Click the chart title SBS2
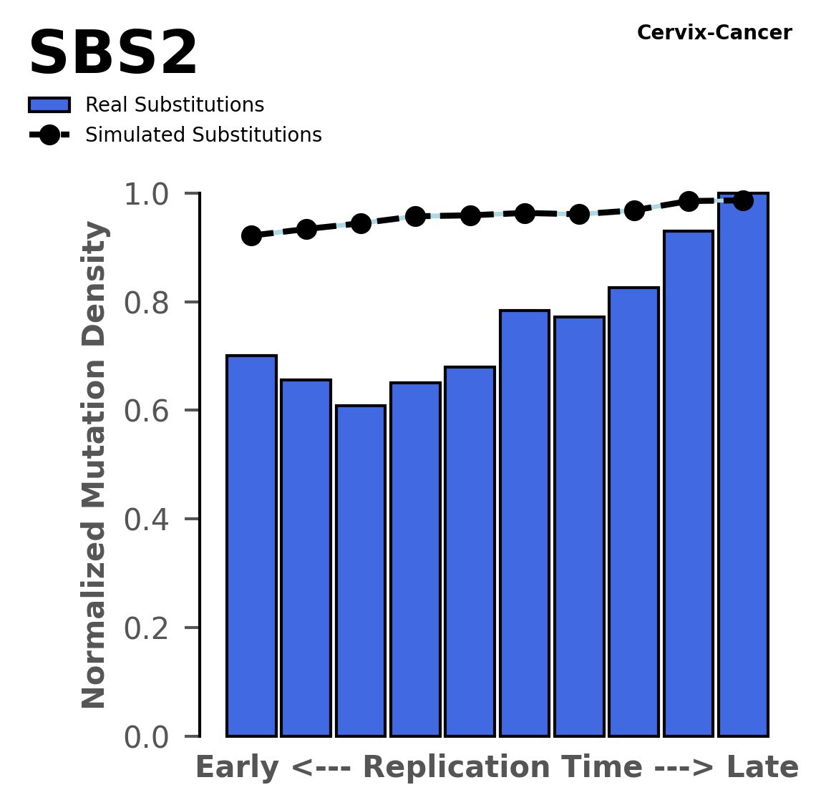[x=113, y=54]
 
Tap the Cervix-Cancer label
[x=714, y=33]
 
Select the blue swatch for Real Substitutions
[x=49, y=105]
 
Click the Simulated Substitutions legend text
[x=203, y=135]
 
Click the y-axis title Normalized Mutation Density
[x=94, y=464]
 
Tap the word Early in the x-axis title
[x=238, y=768]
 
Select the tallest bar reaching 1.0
[x=743, y=465]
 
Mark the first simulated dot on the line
[x=251, y=235]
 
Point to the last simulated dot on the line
[x=743, y=201]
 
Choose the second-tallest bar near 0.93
[x=689, y=483]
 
